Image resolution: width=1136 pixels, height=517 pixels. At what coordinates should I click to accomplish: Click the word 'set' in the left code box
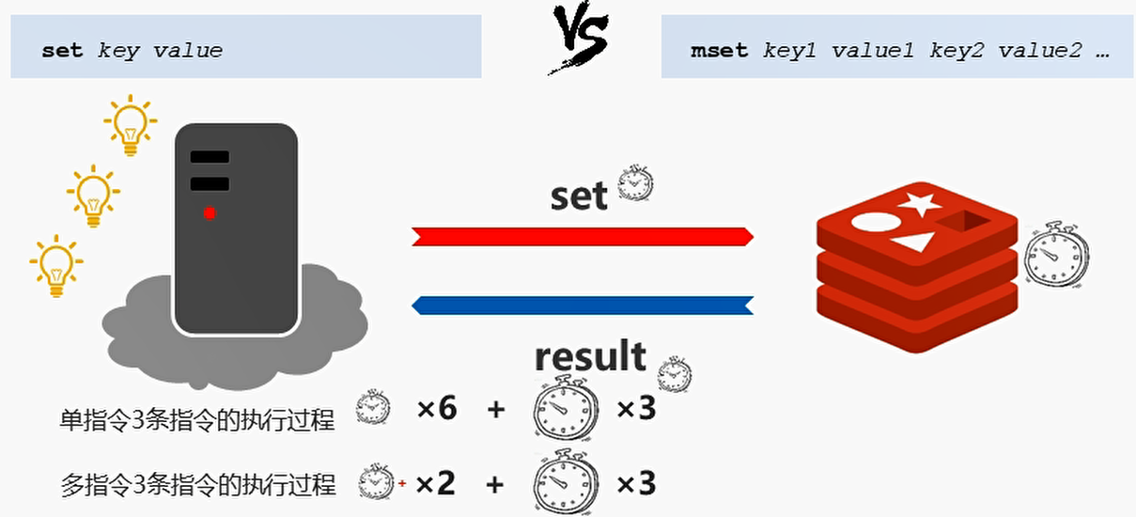click(62, 51)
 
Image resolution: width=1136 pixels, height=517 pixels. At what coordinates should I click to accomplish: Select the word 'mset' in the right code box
click(719, 51)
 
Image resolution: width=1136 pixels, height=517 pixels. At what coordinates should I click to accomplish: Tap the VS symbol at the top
click(579, 39)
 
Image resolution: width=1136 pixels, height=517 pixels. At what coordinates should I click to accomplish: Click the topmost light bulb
click(130, 125)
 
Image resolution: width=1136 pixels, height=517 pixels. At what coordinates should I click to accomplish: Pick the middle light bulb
click(92, 196)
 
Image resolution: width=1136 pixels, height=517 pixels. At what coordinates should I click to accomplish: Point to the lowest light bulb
click(56, 266)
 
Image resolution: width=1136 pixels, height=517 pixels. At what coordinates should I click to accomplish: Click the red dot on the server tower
click(210, 213)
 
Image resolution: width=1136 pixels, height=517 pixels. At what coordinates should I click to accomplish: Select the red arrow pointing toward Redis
click(583, 236)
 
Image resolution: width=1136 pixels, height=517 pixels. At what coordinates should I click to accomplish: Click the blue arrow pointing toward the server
click(583, 305)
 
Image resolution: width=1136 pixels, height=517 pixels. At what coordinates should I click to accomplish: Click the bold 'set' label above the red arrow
click(579, 196)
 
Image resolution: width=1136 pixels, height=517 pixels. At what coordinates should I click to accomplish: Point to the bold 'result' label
click(590, 356)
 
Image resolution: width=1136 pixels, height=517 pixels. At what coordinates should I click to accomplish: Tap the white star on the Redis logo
click(918, 203)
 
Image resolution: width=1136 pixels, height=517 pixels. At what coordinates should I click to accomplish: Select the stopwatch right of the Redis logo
click(1056, 255)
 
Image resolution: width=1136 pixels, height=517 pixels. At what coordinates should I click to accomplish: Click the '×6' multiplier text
click(437, 409)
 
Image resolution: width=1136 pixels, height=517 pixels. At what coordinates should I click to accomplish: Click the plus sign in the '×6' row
click(496, 409)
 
